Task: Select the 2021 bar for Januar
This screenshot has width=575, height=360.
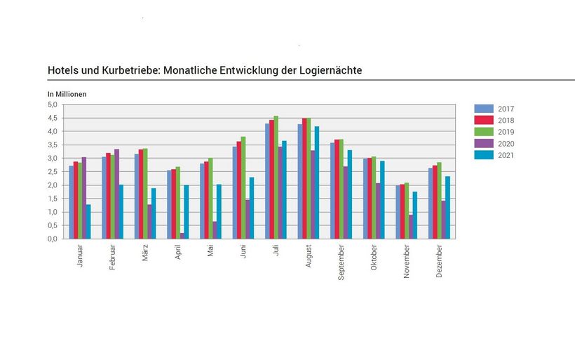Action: [88, 222]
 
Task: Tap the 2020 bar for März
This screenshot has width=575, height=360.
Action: [149, 222]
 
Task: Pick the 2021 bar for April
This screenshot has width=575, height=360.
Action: [187, 212]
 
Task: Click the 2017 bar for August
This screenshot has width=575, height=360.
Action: [300, 182]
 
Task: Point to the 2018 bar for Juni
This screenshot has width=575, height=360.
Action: [239, 190]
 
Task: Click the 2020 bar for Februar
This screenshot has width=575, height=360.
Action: [116, 194]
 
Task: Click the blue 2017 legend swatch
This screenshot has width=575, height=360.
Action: [484, 109]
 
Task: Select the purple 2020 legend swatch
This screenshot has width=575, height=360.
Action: [484, 144]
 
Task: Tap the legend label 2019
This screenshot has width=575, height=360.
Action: [506, 132]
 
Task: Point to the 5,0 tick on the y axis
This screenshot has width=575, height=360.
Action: [53, 105]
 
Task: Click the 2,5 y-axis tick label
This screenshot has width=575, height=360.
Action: [53, 172]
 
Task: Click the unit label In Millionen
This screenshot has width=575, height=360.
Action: [67, 93]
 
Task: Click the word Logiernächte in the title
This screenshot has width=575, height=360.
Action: [325, 70]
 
